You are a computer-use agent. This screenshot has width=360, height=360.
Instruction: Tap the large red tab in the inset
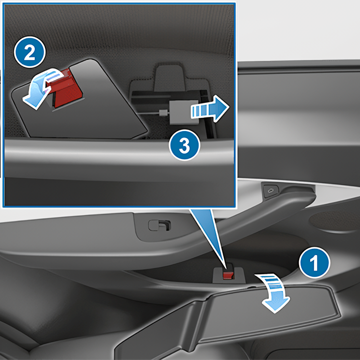point(66,89)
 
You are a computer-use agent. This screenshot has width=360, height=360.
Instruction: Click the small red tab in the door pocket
point(227,274)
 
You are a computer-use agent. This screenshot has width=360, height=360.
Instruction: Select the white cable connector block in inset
point(178,113)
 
